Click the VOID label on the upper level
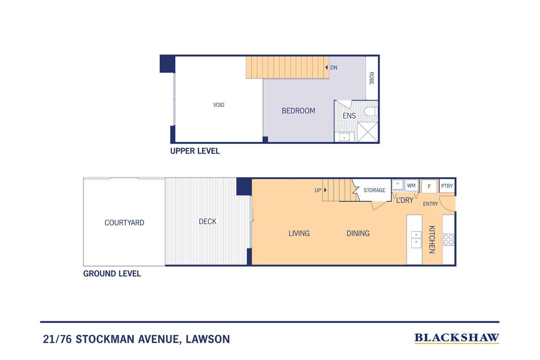[219, 105]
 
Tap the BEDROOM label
[298, 111]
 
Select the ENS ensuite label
[349, 116]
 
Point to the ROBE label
[372, 78]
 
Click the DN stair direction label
[334, 68]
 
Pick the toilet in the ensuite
[370, 112]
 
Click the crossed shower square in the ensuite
[367, 132]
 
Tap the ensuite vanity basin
[344, 138]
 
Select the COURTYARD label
[124, 222]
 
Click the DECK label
[208, 222]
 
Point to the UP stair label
[318, 190]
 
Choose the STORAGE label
[374, 190]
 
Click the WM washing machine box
[411, 185]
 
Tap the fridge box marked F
[429, 187]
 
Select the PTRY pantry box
[447, 186]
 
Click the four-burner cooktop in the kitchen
[448, 240]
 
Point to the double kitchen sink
[416, 240]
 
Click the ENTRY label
[431, 204]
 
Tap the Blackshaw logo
[457, 338]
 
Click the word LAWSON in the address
[208, 339]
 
